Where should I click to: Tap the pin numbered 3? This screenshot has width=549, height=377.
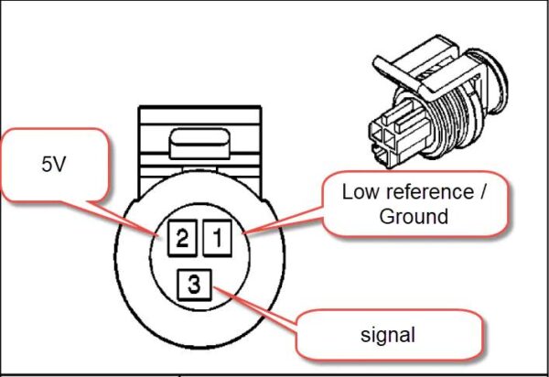point(194,285)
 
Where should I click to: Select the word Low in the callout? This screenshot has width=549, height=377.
point(357,193)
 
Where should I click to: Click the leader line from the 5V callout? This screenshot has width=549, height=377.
point(136,217)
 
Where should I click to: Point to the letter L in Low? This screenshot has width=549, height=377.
point(347,193)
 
